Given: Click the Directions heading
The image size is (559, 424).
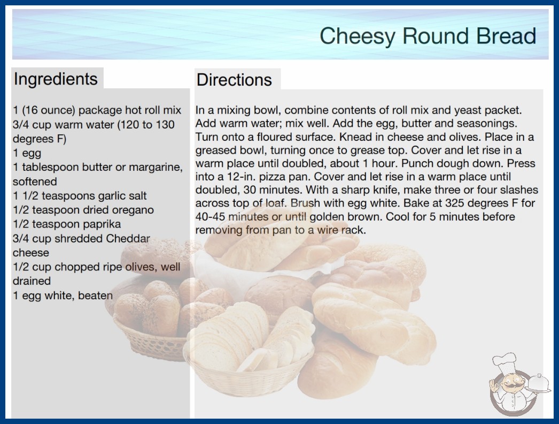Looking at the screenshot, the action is tap(234, 80).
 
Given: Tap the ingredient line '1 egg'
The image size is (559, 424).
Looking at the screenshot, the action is tap(27, 153).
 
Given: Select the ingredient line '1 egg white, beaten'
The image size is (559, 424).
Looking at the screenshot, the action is tap(63, 296).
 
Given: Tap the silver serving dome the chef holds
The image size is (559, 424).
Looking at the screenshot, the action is tap(539, 383).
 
